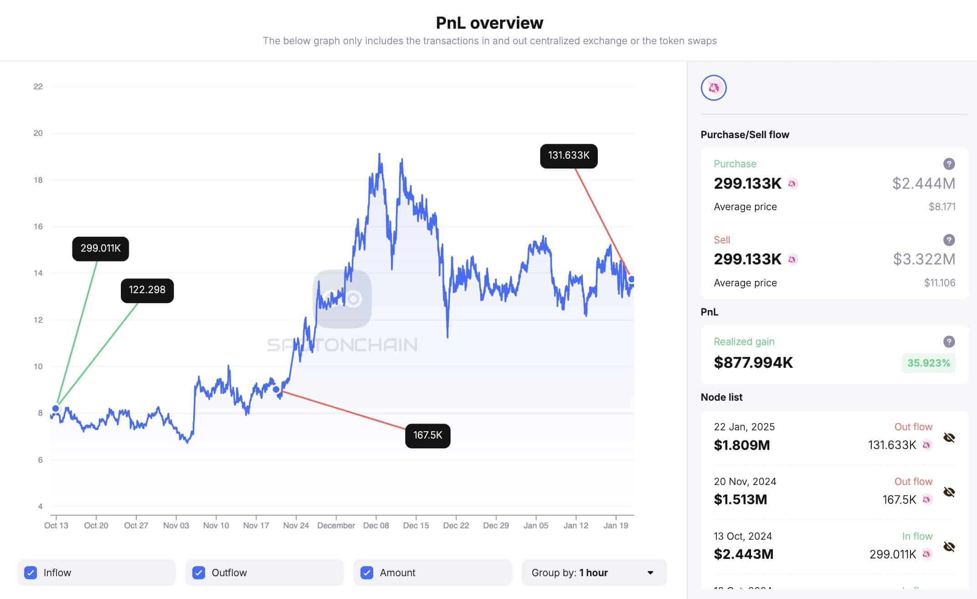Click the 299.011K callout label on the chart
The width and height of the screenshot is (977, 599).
100,248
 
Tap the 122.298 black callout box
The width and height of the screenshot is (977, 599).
147,290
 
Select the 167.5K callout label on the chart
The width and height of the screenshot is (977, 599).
427,435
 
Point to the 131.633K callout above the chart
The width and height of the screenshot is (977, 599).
568,155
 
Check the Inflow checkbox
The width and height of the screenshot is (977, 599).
31,573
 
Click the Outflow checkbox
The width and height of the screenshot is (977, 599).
199,573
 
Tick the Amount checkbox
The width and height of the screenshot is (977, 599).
367,573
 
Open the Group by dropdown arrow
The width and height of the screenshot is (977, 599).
650,573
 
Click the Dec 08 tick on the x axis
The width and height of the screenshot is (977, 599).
376,525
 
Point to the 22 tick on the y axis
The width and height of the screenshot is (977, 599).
38,87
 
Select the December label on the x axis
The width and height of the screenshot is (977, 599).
336,525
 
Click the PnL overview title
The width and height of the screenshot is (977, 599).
489,23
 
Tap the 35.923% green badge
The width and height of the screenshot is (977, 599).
928,363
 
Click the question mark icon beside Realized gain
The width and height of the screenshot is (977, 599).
949,341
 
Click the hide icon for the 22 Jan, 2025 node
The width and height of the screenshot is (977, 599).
949,438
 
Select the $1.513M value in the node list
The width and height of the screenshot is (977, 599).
740,500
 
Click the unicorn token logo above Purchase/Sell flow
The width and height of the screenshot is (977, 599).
714,88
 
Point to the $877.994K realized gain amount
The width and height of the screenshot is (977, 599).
753,362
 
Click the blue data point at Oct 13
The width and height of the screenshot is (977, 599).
56,408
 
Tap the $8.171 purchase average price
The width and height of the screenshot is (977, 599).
942,207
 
